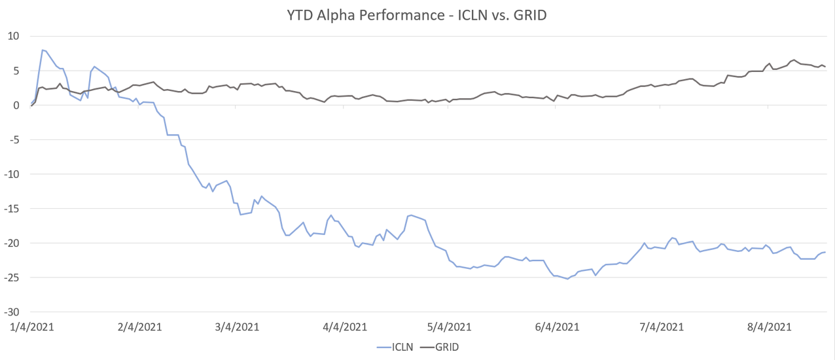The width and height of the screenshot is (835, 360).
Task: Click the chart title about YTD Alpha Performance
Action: [417, 15]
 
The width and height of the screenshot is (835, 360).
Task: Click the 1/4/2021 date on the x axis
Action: [31, 327]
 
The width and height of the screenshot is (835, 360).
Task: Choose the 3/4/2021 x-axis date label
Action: [238, 327]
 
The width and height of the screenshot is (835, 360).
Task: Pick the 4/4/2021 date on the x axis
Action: [344, 327]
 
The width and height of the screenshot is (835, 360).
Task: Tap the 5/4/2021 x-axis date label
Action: [450, 327]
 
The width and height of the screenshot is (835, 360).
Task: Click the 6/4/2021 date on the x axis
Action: [556, 327]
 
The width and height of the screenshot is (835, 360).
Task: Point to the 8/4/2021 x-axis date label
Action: [770, 327]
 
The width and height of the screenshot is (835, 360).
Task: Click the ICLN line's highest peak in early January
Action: [43, 50]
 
